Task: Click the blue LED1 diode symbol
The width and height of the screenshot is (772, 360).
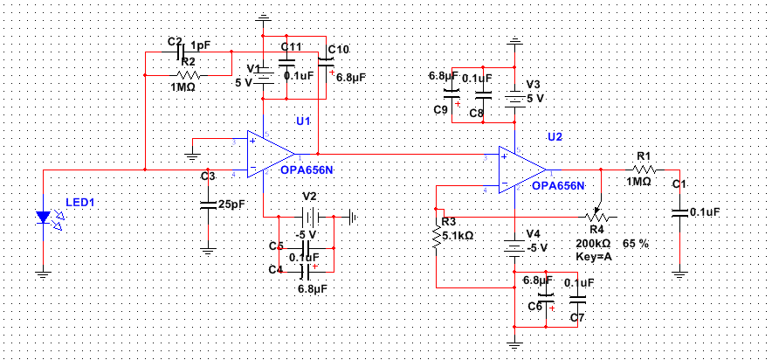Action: pyautogui.click(x=44, y=216)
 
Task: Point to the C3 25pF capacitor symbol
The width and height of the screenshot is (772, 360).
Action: pyautogui.click(x=208, y=205)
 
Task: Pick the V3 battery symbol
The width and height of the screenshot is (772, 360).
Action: pyautogui.click(x=515, y=98)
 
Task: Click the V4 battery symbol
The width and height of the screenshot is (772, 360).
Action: pyautogui.click(x=515, y=247)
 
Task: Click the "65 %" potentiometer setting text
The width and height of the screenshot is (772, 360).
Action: pyautogui.click(x=636, y=243)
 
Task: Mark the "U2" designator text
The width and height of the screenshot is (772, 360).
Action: pyautogui.click(x=555, y=136)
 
